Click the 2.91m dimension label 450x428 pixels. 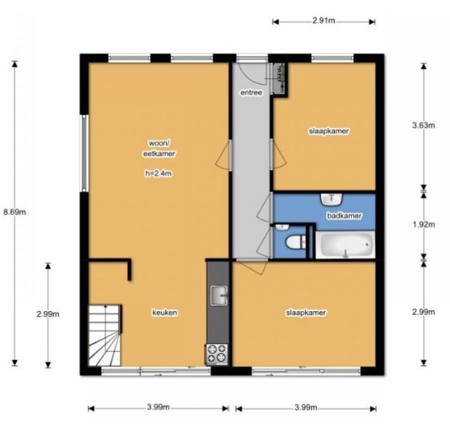coord(323,21)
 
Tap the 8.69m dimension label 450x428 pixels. coord(14,212)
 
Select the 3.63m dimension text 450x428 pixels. coord(424,125)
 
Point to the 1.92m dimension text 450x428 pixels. coord(424,225)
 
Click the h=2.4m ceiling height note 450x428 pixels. coord(159,173)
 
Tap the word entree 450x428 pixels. coord(251,93)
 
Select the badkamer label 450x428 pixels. coord(344,215)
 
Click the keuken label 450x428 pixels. coord(165,313)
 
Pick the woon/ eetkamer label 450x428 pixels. coord(159,148)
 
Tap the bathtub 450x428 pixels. coord(345,244)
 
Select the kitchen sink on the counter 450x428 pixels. coord(219,295)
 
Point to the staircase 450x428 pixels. coord(105,336)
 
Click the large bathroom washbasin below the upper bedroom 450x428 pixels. coord(331,199)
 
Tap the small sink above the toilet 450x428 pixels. coord(282,227)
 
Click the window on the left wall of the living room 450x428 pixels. coord(84,153)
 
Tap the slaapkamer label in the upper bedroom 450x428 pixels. coord(329,131)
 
